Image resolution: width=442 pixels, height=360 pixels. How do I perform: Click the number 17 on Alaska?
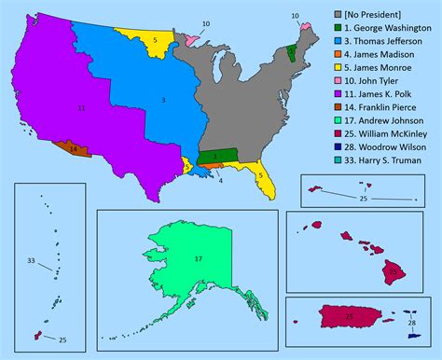click(x=199, y=258)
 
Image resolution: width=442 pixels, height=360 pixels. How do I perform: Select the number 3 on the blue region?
click(x=163, y=100)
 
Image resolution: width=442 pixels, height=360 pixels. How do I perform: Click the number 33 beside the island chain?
click(x=31, y=261)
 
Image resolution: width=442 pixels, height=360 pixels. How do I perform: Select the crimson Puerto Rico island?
click(x=349, y=318)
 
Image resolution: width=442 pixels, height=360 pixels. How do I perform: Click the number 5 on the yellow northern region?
click(x=155, y=41)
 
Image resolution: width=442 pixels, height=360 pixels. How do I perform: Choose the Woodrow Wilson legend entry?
click(x=384, y=174)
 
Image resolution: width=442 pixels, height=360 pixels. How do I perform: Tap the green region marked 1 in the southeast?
click(x=214, y=156)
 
